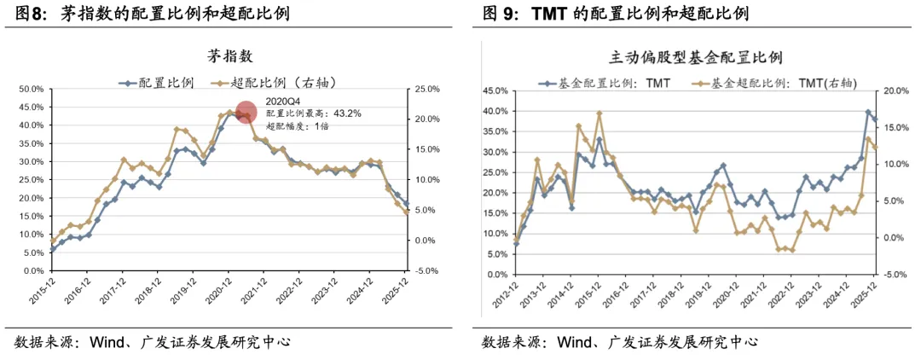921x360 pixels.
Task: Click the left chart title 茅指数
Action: tap(230, 56)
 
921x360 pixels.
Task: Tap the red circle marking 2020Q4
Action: tap(246, 113)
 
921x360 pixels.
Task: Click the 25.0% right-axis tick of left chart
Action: tap(427, 89)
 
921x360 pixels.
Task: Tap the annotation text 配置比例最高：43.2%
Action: tap(313, 113)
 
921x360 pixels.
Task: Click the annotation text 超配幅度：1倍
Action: tap(298, 126)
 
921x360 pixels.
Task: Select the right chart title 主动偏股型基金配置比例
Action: tap(696, 58)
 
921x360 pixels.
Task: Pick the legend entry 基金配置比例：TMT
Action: tap(605, 83)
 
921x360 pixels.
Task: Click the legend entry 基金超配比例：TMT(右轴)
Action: tap(773, 83)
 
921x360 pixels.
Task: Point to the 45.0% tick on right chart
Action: tap(494, 90)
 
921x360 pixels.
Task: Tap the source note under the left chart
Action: tap(153, 342)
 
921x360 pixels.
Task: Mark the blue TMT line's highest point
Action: tap(868, 112)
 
